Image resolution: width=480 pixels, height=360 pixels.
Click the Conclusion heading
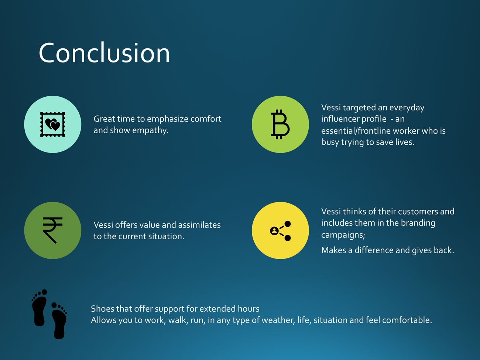[104, 53]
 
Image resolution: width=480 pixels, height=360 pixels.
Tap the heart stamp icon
[53, 124]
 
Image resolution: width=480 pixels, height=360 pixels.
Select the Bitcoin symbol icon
[280, 124]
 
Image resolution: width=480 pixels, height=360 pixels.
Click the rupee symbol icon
[52, 230]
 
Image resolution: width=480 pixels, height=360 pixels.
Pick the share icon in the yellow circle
[281, 231]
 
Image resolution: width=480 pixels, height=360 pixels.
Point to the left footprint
[40, 308]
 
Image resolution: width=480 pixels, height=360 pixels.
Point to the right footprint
[59, 320]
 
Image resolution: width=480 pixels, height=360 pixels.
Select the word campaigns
[343, 235]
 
